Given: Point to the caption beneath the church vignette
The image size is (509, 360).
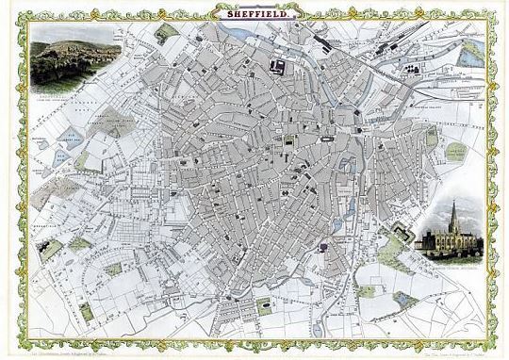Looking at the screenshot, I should [x=449, y=259].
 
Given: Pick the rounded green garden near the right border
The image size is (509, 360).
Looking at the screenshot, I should [x=455, y=151].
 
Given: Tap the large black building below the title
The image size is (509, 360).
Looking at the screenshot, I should [x=278, y=66].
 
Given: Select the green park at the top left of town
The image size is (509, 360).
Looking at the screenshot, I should [x=166, y=34].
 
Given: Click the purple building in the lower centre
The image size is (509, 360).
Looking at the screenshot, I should [x=322, y=247].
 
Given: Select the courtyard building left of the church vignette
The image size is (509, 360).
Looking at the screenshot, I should [x=402, y=232].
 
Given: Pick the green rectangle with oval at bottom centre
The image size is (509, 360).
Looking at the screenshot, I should [x=264, y=304].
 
